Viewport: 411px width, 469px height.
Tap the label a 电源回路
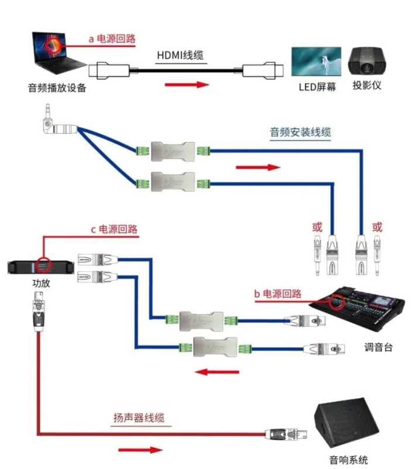click(x=111, y=39)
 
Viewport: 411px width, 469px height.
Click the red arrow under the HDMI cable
click(x=187, y=85)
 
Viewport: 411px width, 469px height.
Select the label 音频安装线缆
click(x=300, y=132)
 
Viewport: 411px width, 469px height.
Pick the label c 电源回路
click(x=114, y=229)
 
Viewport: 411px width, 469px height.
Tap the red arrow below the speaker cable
click(x=139, y=450)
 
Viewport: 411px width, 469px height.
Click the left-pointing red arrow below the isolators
click(x=216, y=372)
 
